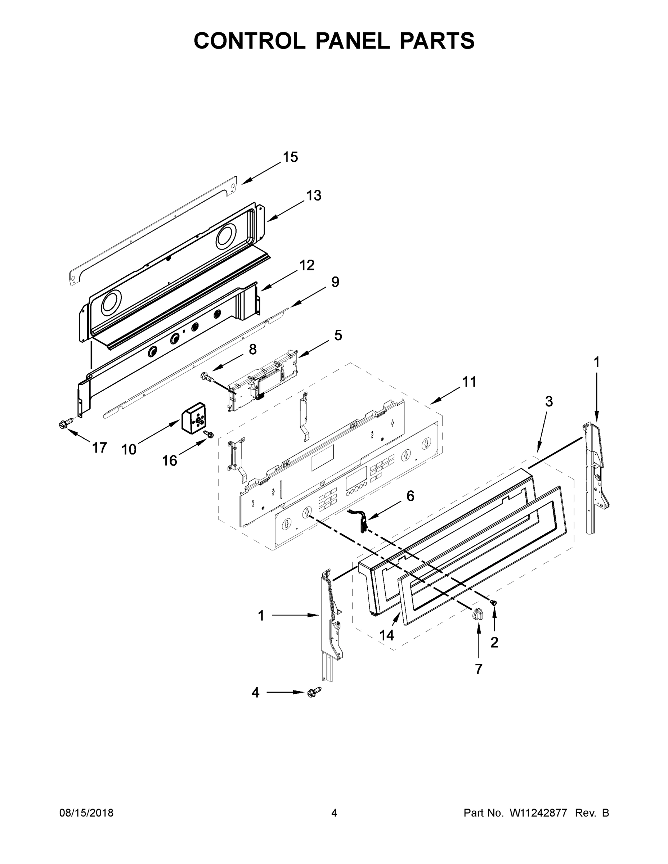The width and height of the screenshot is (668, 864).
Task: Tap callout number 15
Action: pyautogui.click(x=290, y=157)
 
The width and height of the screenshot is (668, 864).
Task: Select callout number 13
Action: pyautogui.click(x=314, y=195)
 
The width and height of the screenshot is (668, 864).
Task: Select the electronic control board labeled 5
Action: pyautogui.click(x=263, y=381)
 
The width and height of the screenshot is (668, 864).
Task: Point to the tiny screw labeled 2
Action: pyautogui.click(x=493, y=602)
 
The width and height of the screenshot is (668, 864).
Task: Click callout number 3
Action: pyautogui.click(x=548, y=401)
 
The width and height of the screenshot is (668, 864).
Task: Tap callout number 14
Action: pyautogui.click(x=387, y=635)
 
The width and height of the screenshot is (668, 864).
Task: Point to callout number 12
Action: pyautogui.click(x=307, y=265)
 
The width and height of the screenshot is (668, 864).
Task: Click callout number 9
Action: pyautogui.click(x=335, y=282)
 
